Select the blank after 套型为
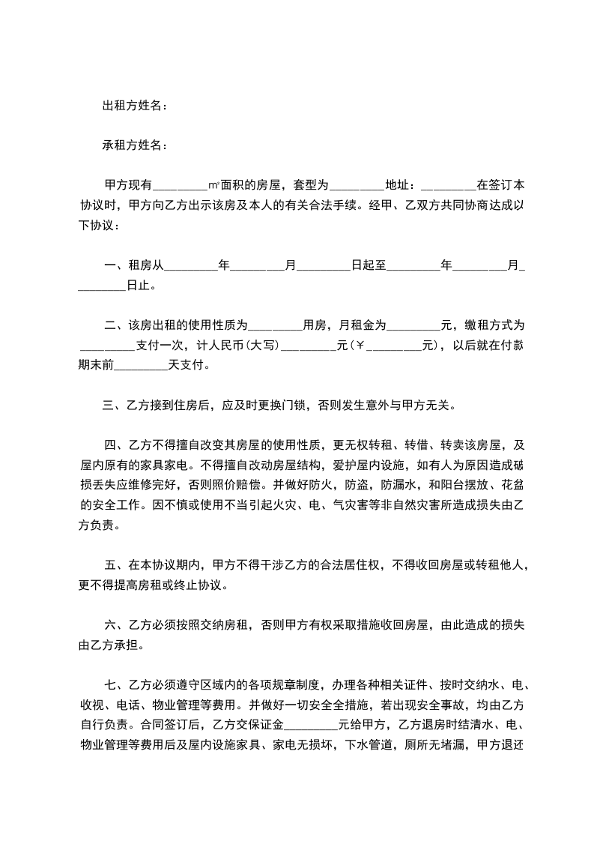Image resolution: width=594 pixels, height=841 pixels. [357, 184]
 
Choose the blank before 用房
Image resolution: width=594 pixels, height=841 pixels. [274, 325]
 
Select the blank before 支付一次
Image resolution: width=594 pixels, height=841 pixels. [107, 346]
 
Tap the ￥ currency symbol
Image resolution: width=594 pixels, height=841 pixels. [360, 346]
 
